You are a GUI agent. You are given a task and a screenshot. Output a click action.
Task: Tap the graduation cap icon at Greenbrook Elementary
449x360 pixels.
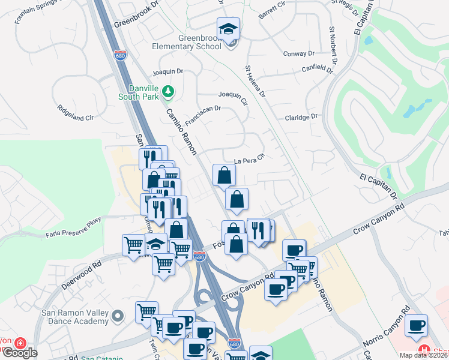point(228,28)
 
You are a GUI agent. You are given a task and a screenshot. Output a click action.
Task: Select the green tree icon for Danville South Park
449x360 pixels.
point(170,91)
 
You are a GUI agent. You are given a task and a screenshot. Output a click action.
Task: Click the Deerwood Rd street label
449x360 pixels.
point(79,274)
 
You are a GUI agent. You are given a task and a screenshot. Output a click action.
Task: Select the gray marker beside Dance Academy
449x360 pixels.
point(118,315)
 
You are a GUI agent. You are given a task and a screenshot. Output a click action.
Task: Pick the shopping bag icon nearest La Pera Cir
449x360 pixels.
point(224,176)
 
